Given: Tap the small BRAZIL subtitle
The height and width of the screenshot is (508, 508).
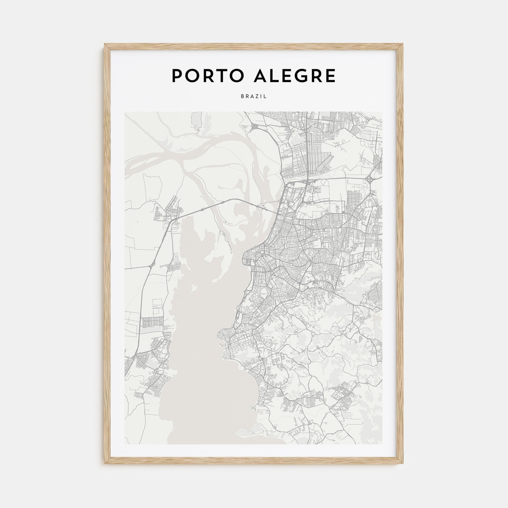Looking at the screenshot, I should (x=254, y=97).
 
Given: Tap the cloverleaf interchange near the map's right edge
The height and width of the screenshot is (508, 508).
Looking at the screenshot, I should (x=371, y=179).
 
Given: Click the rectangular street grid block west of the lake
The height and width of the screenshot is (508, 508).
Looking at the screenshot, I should (x=149, y=323).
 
